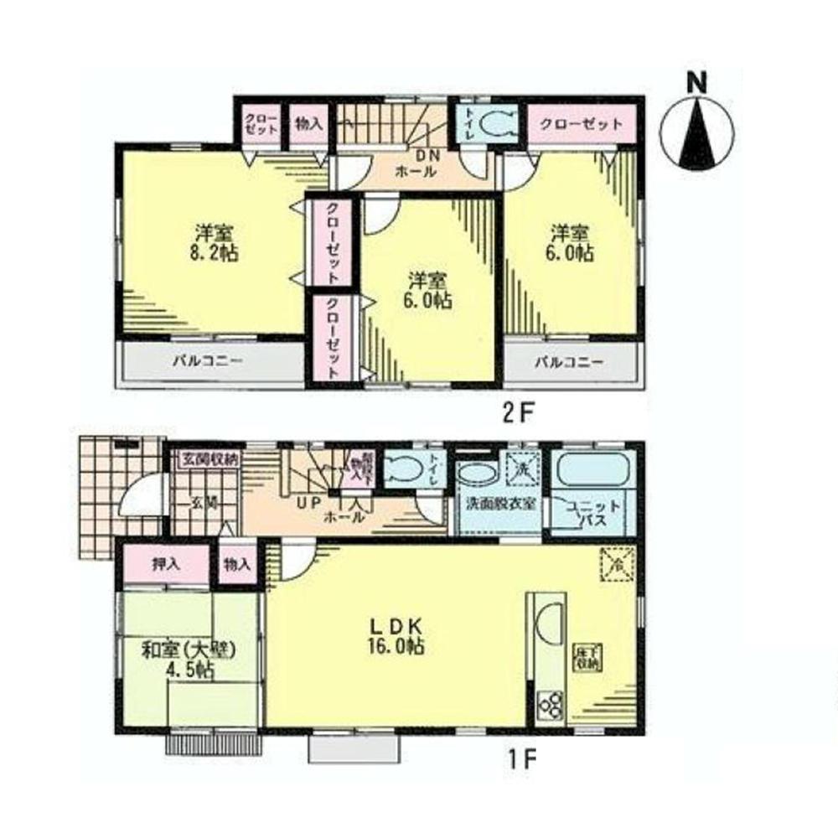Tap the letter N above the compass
(x=696, y=82)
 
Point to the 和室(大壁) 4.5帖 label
(x=190, y=660)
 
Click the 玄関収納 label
(x=210, y=459)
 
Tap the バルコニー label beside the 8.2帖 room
(x=209, y=363)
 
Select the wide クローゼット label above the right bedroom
(x=581, y=124)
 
